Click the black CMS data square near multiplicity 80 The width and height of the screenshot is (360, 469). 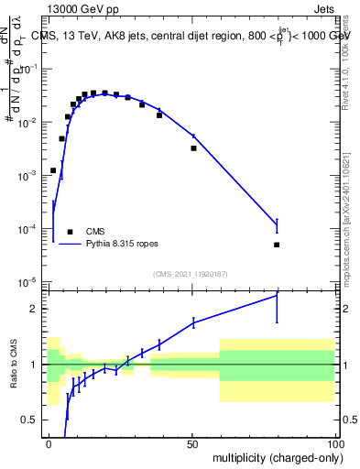(277, 245)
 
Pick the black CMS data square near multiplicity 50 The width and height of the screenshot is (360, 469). (193, 147)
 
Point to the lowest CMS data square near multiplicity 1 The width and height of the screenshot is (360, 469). (53, 170)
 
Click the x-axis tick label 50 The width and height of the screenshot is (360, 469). (193, 444)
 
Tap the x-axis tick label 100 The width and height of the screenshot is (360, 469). (335, 444)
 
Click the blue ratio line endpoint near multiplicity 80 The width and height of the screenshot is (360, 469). (277, 296)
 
